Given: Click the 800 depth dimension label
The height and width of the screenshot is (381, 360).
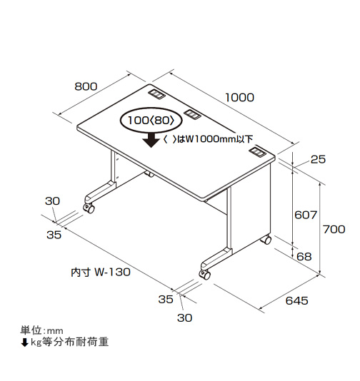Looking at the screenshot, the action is click(x=86, y=86).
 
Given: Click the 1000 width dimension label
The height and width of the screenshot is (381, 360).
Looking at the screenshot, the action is click(x=239, y=98).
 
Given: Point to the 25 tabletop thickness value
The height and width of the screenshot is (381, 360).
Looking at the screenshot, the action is click(x=318, y=159).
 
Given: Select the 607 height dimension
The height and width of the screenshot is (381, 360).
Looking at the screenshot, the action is click(x=306, y=215).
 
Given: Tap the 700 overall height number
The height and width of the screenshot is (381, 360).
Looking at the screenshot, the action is click(x=334, y=229).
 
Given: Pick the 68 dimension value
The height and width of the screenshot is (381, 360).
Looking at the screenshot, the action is click(x=304, y=257).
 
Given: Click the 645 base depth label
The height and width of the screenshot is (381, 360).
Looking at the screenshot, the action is click(x=296, y=301).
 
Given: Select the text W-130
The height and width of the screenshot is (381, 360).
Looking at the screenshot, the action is click(x=112, y=272).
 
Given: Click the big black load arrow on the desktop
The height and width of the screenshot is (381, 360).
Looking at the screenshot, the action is click(x=151, y=140).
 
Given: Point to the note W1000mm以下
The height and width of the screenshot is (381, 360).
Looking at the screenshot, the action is click(x=219, y=139).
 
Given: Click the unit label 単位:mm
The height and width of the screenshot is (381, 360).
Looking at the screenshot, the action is click(x=41, y=330).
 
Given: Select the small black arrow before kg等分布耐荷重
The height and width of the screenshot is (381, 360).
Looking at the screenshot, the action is click(x=24, y=342).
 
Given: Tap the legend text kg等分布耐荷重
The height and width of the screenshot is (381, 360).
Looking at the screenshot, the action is click(x=69, y=342).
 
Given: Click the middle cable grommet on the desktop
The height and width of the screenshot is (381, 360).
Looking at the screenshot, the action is click(x=192, y=114).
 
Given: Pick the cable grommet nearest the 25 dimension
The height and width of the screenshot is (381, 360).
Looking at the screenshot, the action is click(x=258, y=153).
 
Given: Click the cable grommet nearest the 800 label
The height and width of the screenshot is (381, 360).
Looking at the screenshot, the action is click(x=157, y=94).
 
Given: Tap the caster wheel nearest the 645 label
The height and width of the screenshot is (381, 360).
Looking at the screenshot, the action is click(x=205, y=275).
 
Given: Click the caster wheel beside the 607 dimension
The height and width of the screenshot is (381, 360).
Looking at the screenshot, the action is click(x=266, y=240).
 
